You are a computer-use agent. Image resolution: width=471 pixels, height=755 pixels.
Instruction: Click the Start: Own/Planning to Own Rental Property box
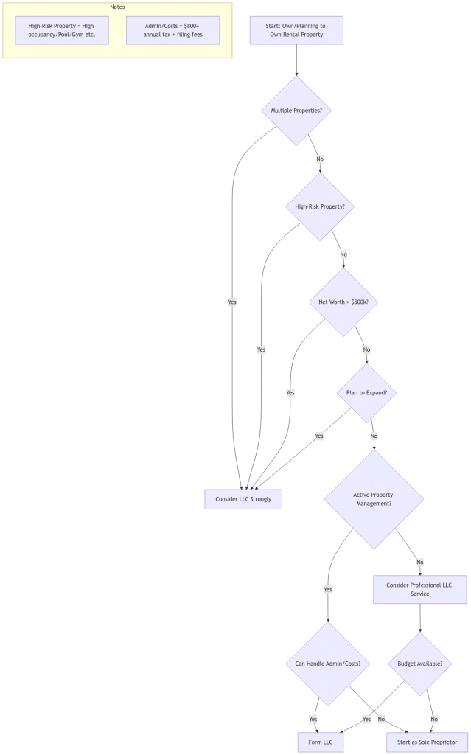point(296,30)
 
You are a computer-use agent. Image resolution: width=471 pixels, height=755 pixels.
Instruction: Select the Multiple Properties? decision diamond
point(296,111)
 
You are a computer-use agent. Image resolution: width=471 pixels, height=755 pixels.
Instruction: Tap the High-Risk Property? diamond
point(320,206)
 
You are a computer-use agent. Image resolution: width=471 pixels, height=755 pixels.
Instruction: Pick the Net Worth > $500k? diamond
point(343,302)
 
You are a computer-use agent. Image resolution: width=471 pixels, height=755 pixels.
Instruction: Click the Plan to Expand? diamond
point(366,393)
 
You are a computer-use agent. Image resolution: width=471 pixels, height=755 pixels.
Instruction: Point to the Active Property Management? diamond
point(374,499)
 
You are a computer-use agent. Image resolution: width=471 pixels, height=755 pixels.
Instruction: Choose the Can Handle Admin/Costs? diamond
point(328,664)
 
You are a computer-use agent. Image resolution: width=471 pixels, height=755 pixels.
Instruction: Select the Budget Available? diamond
point(420,664)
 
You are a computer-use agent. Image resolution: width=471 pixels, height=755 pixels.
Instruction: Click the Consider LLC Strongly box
point(243,499)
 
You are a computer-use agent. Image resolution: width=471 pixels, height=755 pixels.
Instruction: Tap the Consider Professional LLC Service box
point(420,589)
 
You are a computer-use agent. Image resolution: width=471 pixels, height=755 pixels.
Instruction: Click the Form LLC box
point(321,742)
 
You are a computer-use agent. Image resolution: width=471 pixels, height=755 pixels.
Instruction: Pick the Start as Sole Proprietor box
point(428,742)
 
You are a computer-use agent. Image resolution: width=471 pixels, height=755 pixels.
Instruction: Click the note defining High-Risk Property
point(62,30)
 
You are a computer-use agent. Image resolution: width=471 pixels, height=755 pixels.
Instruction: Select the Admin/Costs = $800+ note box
point(172,30)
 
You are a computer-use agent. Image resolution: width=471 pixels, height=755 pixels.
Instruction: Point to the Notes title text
point(118,7)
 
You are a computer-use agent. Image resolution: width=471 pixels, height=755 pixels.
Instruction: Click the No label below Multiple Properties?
point(320,159)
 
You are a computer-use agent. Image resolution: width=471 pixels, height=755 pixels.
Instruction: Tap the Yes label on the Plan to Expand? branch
point(319,436)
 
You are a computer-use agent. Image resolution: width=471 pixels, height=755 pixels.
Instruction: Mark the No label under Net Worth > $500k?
point(366,349)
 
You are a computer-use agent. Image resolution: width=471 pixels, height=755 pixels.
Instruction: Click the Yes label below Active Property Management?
point(328,589)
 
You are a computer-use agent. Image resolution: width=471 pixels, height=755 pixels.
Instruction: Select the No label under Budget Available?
point(434,719)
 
